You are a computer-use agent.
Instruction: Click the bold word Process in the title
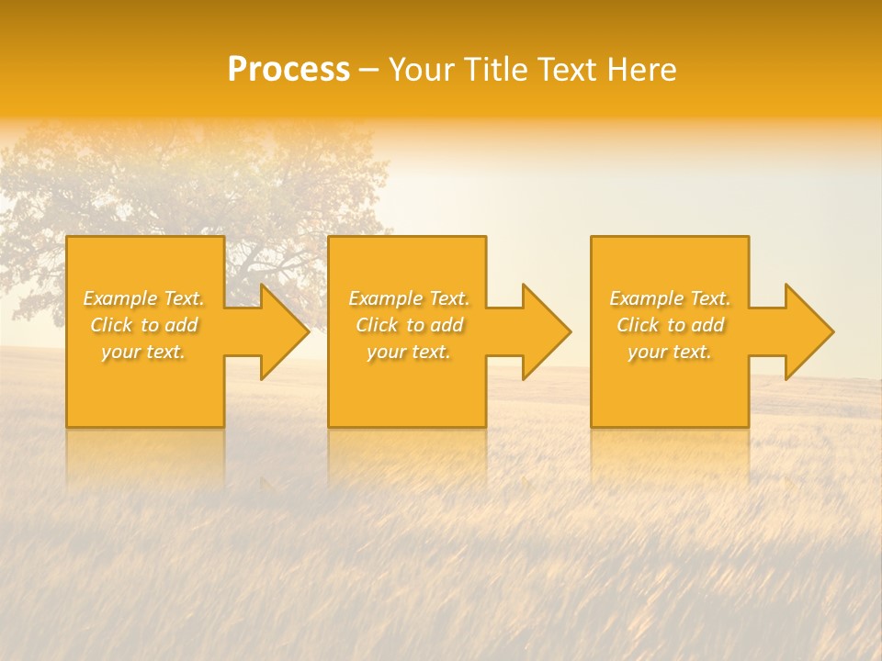[288, 70]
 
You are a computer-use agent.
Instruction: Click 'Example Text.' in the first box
[144, 298]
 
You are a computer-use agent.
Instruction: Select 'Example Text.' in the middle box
[409, 298]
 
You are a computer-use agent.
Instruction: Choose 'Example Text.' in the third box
[670, 298]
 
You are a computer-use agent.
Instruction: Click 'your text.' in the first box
[143, 352]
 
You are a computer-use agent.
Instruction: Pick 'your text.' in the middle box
[409, 352]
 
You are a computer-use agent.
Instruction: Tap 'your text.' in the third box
[670, 352]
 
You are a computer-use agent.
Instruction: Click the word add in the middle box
[446, 325]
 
